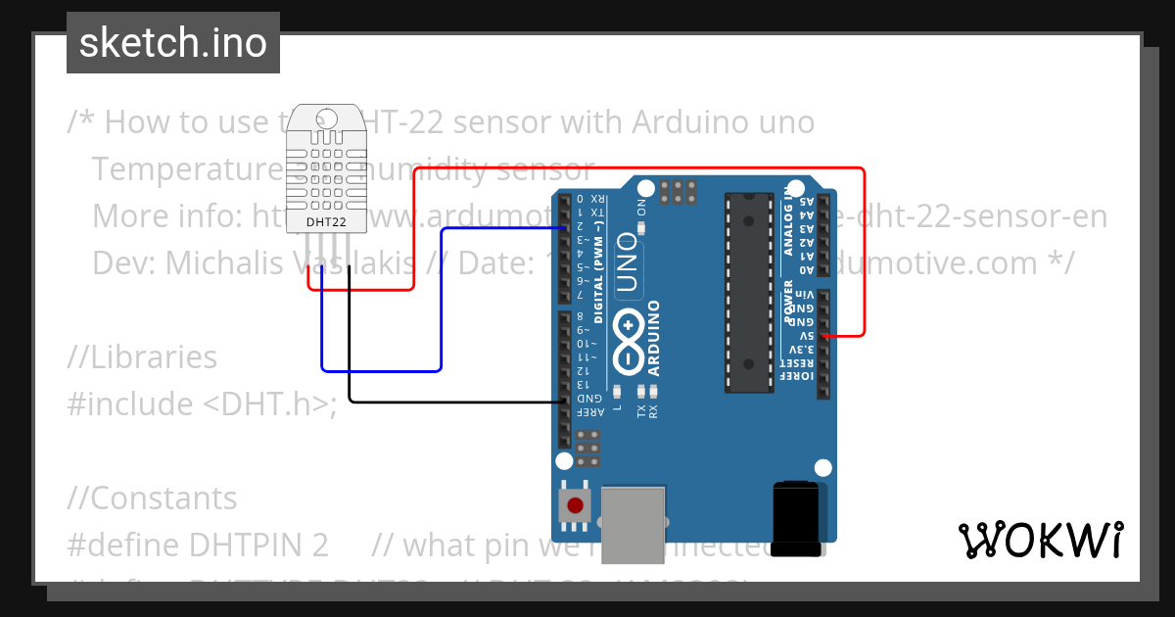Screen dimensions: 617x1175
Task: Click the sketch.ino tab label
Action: tap(172, 43)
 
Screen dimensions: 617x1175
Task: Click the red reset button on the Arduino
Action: tap(574, 505)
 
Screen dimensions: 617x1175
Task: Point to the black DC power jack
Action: tap(796, 519)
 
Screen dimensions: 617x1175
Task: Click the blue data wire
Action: tap(441, 304)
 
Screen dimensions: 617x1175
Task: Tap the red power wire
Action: tap(636, 168)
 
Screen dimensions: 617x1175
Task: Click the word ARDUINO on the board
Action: tap(653, 338)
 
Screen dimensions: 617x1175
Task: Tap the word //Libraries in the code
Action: tap(142, 357)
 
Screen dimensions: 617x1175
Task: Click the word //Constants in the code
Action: tap(152, 498)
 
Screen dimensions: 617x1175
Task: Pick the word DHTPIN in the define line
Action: tap(258, 545)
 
